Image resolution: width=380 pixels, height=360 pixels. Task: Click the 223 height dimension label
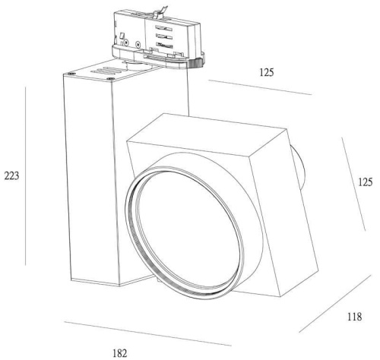click(11, 175)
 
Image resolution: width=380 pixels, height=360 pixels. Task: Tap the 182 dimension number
click(119, 353)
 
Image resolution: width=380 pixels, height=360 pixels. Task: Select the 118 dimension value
click(354, 317)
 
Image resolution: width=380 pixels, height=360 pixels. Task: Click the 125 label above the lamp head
click(267, 72)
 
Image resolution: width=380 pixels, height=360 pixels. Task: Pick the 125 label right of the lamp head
click(365, 182)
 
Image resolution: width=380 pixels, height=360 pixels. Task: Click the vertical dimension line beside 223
click(26, 176)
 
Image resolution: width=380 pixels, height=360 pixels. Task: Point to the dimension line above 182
click(147, 333)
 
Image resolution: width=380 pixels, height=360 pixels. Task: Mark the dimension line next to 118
click(335, 303)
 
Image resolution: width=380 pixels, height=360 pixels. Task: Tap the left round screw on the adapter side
click(126, 43)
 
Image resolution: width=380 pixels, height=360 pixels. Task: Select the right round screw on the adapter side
click(138, 45)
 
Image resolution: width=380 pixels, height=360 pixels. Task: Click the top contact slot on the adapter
click(164, 27)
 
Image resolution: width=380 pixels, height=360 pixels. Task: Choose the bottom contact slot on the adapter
click(165, 46)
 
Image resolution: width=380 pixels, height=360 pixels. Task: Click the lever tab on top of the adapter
click(160, 12)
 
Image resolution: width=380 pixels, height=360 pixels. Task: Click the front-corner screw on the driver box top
click(111, 79)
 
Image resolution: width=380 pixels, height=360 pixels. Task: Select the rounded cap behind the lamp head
click(298, 168)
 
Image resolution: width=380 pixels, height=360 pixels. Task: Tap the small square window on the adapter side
click(122, 36)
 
